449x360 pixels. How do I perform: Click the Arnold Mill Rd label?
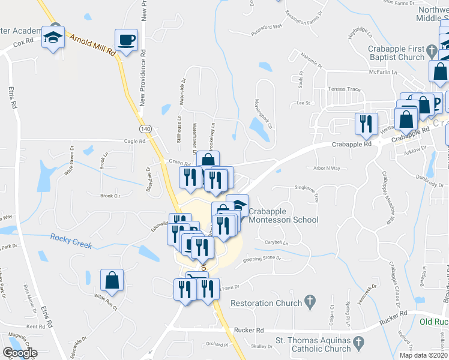tap(93, 46)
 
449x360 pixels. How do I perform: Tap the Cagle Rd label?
tap(134, 142)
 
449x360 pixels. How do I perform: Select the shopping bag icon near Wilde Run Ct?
tap(112, 280)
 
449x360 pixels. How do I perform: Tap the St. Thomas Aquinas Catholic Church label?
tap(313, 345)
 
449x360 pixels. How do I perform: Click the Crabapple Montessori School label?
tap(283, 216)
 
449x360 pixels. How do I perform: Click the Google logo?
tap(20, 353)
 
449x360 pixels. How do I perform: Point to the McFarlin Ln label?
tap(385, 71)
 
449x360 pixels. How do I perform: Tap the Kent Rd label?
tap(36, 327)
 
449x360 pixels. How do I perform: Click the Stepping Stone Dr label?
tap(261, 259)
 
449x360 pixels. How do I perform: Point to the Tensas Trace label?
tap(344, 89)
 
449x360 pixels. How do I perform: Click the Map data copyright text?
tap(424, 355)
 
